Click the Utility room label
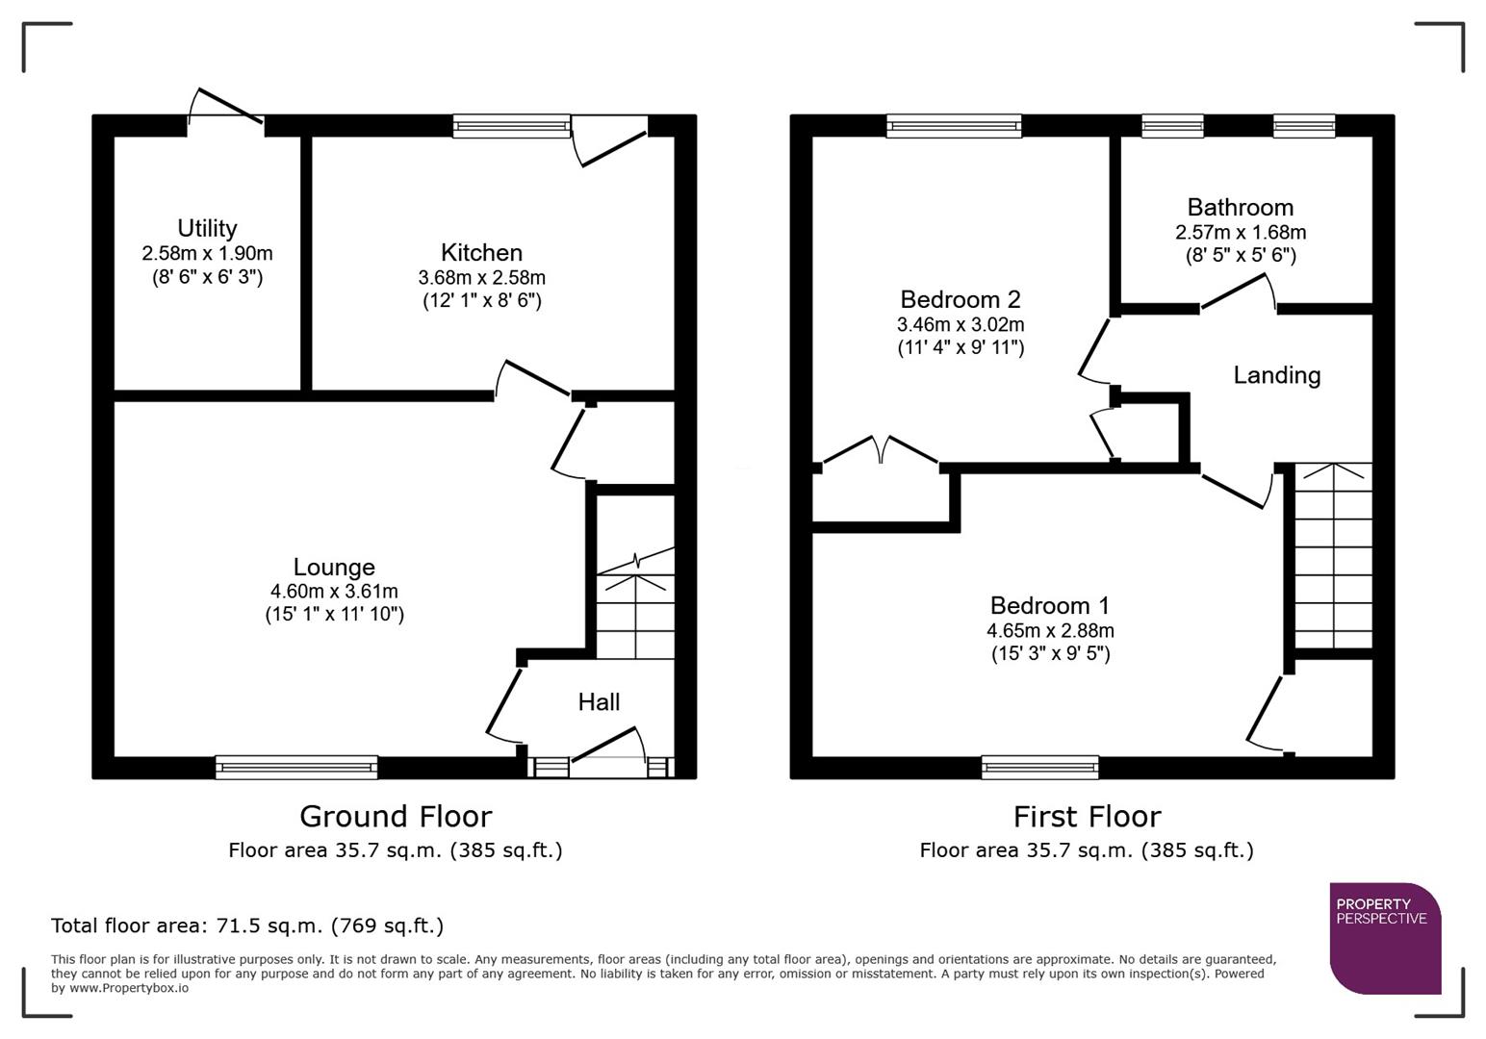coord(207,229)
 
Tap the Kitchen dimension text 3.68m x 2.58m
coord(481,278)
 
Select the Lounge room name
coord(334,568)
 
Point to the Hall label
coord(599,702)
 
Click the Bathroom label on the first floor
coord(1240,208)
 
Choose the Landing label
coord(1276,375)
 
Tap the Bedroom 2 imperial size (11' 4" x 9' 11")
coord(961,348)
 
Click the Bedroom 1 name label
coord(1049,606)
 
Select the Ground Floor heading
coord(396,817)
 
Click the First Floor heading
coord(1087,817)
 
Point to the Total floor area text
coord(247,926)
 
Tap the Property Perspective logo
coord(1385,938)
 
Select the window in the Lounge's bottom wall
coord(296,767)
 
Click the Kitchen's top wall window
coord(511,125)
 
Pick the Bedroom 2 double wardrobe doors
coord(881,450)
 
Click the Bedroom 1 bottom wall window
coord(1039,767)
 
